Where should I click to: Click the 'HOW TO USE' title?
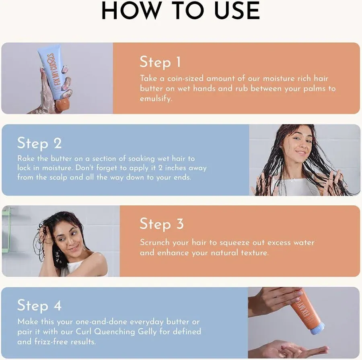point(181,11)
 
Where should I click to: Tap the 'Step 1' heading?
point(160,62)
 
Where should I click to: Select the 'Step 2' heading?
point(39,143)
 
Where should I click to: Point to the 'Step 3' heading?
point(161,224)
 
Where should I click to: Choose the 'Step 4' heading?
point(39,306)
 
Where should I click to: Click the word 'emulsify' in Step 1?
point(155,99)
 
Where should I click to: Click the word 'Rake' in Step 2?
point(26,158)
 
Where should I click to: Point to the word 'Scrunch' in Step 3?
point(155,242)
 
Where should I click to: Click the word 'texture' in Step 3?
point(252,252)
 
